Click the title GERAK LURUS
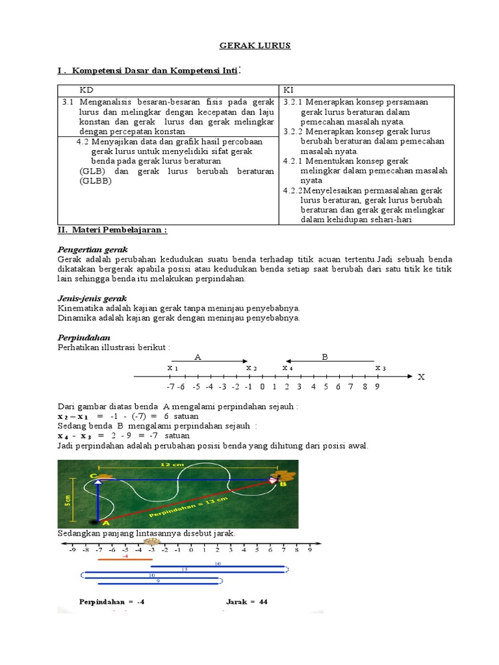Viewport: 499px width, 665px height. (249, 45)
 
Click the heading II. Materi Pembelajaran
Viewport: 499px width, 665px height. (113, 231)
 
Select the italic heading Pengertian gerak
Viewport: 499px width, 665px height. (93, 249)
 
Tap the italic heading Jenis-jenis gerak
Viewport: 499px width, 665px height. (92, 298)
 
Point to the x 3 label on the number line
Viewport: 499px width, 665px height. (381, 368)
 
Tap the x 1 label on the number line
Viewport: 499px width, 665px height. (173, 368)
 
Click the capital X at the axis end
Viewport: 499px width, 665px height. (421, 377)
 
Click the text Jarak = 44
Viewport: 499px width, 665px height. (247, 601)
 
